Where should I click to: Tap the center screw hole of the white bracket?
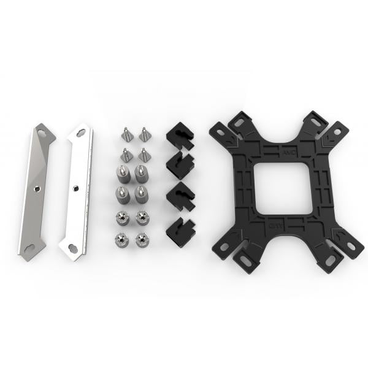75,187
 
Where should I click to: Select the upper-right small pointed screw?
145,133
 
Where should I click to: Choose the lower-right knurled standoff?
142,196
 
